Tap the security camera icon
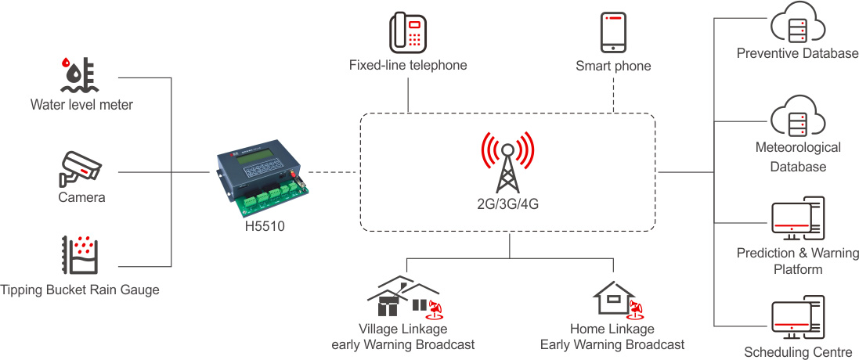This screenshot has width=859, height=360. coord(81,167)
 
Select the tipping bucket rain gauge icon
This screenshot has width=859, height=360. coord(80,255)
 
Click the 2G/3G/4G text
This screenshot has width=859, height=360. coord(508,203)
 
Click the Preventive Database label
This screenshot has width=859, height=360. coord(798,54)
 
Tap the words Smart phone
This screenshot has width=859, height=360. coord(613,67)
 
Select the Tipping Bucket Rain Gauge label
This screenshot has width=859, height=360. coord(80,290)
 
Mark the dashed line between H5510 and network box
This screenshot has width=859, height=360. coord(334,171)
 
